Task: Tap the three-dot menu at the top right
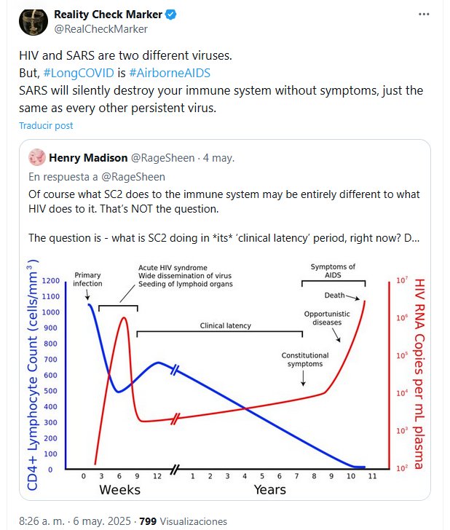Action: pos(424,15)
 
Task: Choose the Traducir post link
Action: pos(46,125)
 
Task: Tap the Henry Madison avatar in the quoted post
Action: pos(36,157)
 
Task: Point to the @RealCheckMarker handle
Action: pos(100,29)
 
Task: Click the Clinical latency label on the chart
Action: pos(226,325)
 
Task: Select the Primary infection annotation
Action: pos(87,279)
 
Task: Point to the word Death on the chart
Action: pos(334,296)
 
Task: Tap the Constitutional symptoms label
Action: pos(305,359)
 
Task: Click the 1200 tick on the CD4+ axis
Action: pos(51,281)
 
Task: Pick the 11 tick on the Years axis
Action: pos(371,476)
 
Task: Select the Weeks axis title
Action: pos(120,489)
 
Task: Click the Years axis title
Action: pos(269,489)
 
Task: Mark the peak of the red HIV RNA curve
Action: pos(124,317)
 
